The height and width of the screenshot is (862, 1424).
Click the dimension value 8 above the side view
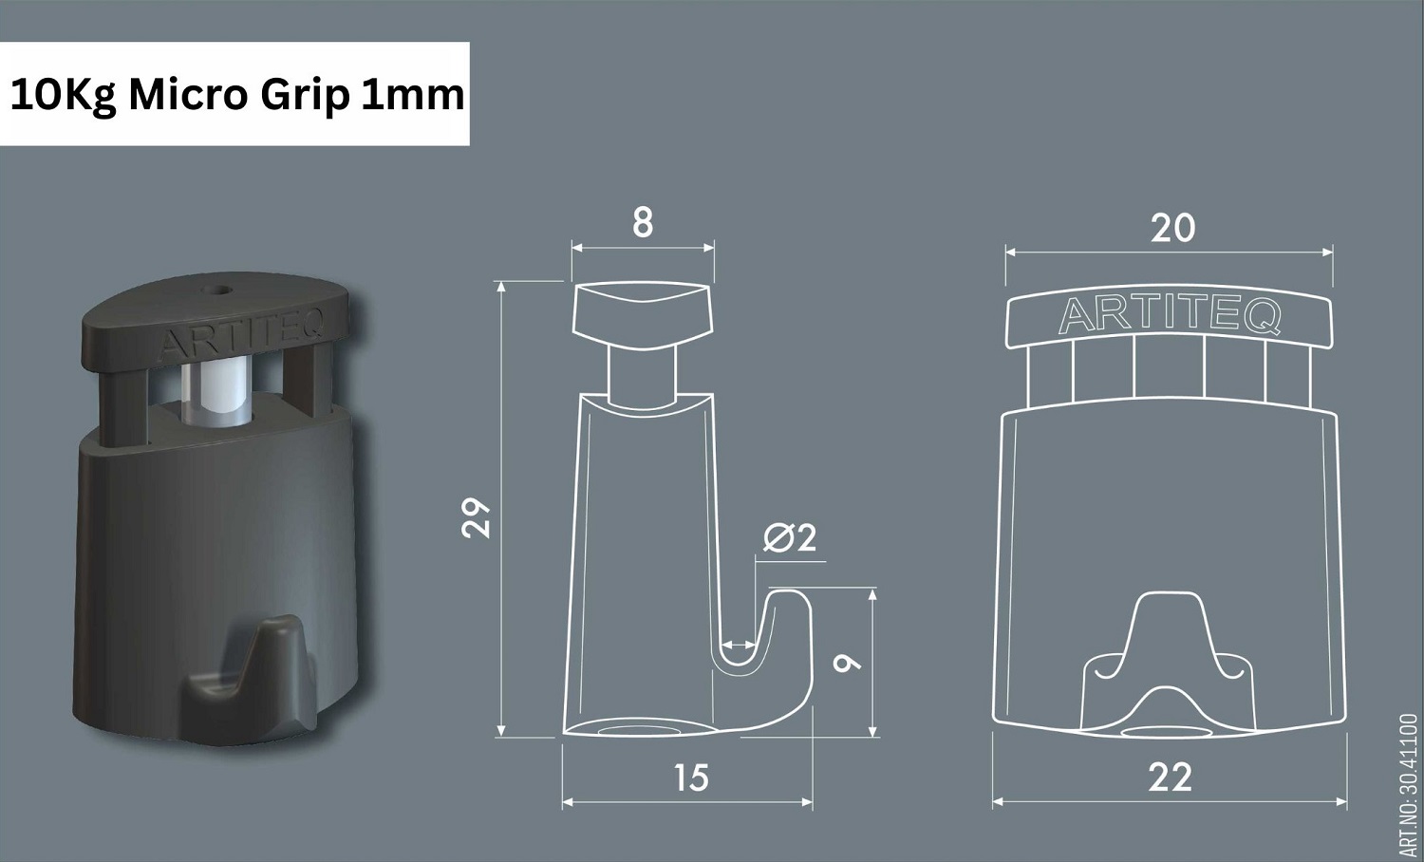(x=643, y=224)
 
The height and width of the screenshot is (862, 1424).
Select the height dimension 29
(x=476, y=518)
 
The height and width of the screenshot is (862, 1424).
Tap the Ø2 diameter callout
(x=790, y=538)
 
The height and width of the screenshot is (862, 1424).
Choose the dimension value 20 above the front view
(x=1172, y=228)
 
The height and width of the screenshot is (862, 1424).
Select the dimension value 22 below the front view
(x=1170, y=778)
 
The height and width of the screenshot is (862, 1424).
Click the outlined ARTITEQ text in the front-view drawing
(x=1170, y=315)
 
